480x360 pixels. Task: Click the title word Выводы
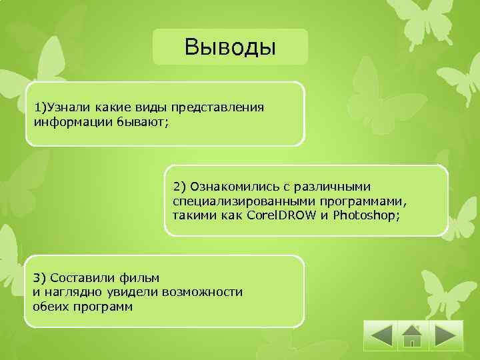coord(230,48)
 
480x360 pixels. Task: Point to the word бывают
coord(142,121)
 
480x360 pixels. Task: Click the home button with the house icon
coord(413,335)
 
